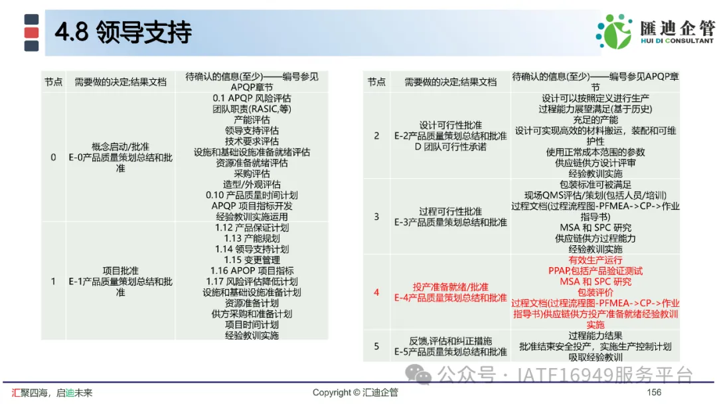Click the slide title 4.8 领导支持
[123, 32]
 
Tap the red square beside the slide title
[32, 33]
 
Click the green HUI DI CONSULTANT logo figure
[614, 31]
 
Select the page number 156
[654, 392]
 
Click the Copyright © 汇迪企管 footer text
[355, 392]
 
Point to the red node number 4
[376, 292]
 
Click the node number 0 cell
[53, 157]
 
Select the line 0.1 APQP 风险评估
[252, 98]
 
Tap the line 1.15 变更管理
[252, 260]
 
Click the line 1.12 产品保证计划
[252, 227]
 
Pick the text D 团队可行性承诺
[450, 147]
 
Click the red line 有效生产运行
[596, 260]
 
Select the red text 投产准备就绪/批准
[450, 287]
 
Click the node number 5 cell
[376, 346]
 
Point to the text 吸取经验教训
[596, 357]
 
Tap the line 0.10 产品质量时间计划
[252, 195]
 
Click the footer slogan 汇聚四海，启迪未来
[52, 393]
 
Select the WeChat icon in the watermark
[418, 375]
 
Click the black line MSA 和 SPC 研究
[596, 227]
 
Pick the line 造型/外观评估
[252, 184]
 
